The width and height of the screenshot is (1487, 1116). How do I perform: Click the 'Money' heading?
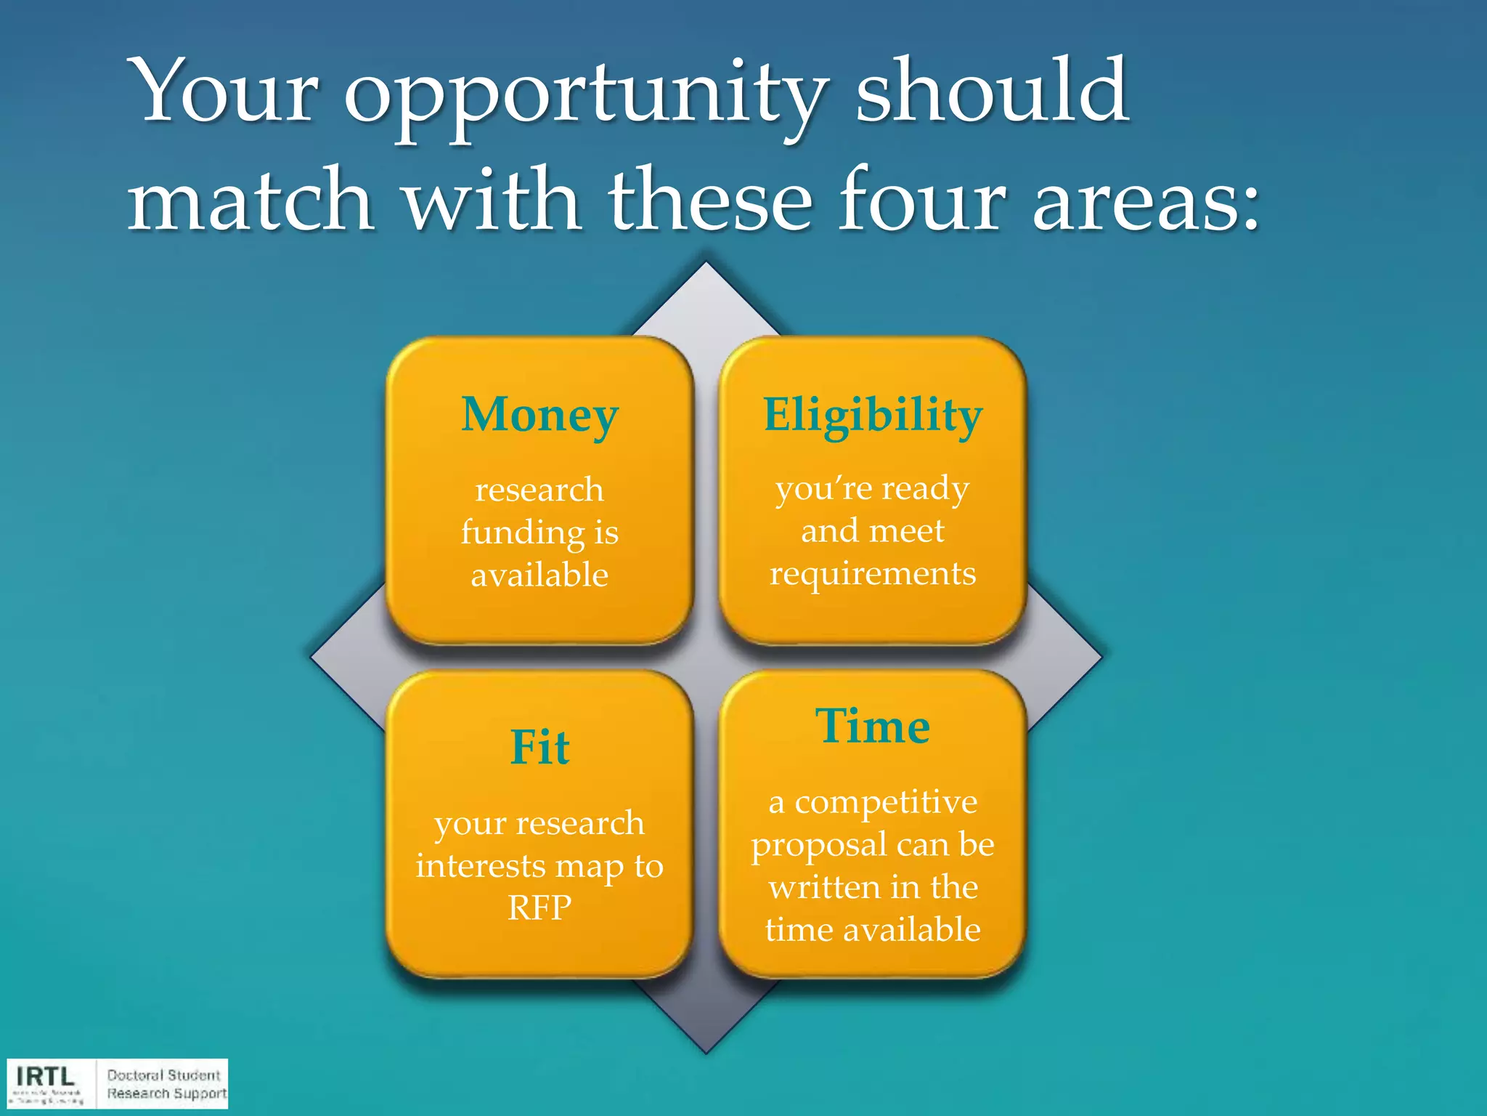click(x=539, y=416)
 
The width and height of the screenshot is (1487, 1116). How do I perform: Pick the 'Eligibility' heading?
click(x=873, y=416)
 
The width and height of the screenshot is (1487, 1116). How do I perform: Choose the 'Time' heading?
click(x=873, y=726)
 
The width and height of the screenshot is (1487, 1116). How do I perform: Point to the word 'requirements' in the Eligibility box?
click(x=873, y=573)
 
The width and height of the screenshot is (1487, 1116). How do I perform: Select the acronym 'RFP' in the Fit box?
click(x=539, y=907)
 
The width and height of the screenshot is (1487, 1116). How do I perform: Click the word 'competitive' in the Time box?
click(x=886, y=803)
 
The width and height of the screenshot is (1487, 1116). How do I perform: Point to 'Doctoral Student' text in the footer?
click(x=163, y=1075)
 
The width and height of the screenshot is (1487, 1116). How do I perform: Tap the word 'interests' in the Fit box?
click(x=480, y=866)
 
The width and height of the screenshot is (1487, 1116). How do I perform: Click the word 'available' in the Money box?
click(x=539, y=575)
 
